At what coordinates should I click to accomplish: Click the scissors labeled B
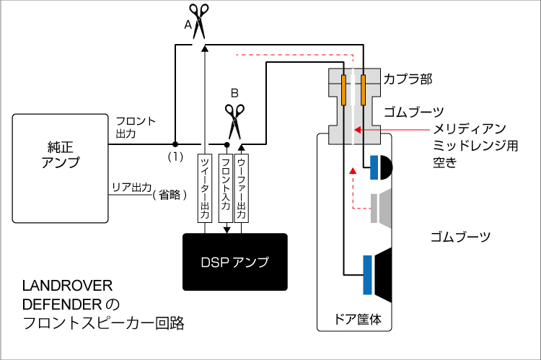click(234, 120)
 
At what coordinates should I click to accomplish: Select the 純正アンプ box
click(59, 168)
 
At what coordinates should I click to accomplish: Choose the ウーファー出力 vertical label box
click(242, 186)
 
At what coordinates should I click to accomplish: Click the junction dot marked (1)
click(174, 144)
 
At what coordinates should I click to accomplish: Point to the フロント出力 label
click(135, 128)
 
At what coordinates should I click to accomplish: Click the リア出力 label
click(131, 188)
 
